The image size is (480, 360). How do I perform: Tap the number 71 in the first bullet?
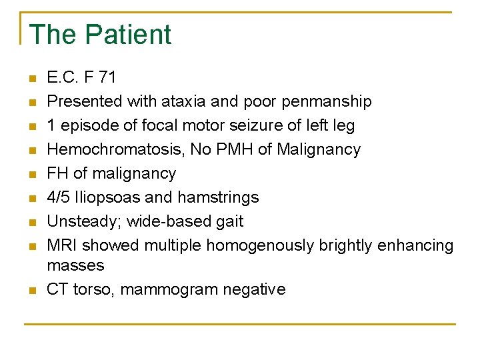(x=107, y=77)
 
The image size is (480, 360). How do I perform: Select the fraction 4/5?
(x=58, y=197)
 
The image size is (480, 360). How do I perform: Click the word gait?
(x=229, y=221)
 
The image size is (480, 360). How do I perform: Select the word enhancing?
(x=415, y=245)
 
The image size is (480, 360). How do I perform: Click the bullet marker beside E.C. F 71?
(x=31, y=78)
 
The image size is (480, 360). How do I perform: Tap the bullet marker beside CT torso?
(x=31, y=290)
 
